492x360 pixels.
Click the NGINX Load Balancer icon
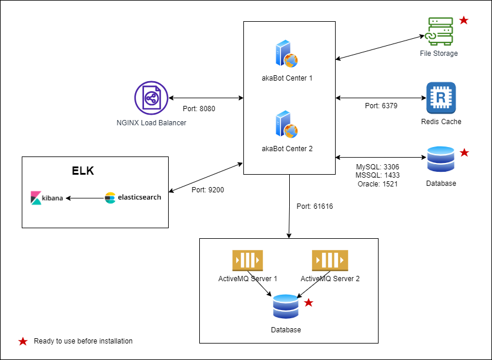pos(151,98)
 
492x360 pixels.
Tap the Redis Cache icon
pos(441,98)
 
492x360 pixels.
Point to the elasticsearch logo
pos(133,198)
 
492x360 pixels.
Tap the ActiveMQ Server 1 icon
pos(247,260)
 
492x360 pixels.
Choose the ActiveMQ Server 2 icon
pos(330,260)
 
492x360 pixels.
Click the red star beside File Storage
pos(463,21)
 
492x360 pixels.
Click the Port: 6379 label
pos(381,106)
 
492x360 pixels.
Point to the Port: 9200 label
pos(207,190)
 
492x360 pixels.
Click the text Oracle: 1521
pos(377,184)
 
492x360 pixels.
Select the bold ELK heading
pos(83,171)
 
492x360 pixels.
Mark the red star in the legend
pos(23,341)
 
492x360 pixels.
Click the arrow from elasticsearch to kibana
pos(85,198)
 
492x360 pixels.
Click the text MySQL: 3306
pos(377,167)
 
